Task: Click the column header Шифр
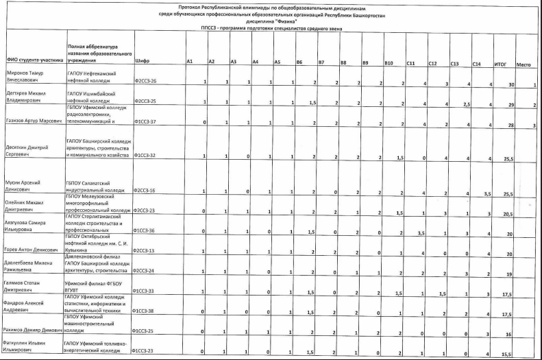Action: tap(143, 62)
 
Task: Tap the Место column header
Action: tap(524, 63)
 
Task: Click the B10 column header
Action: tap(389, 62)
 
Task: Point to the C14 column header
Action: tap(476, 63)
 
